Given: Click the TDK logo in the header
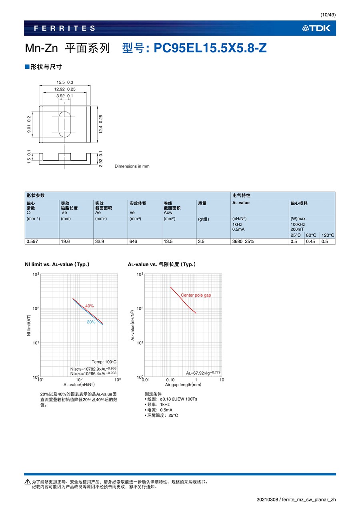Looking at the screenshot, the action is point(316,28).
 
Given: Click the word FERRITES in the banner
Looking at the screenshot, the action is point(64,28).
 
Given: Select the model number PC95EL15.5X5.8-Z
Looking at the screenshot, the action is point(210,48).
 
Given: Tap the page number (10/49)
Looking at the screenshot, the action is point(328,15).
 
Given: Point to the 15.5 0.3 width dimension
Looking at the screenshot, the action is point(65,82).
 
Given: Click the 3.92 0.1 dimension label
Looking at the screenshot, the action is point(65,96).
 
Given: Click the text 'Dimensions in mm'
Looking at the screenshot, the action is point(132,166).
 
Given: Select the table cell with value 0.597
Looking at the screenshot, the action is point(32,242).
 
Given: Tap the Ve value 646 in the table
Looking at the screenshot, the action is point(133,242).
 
